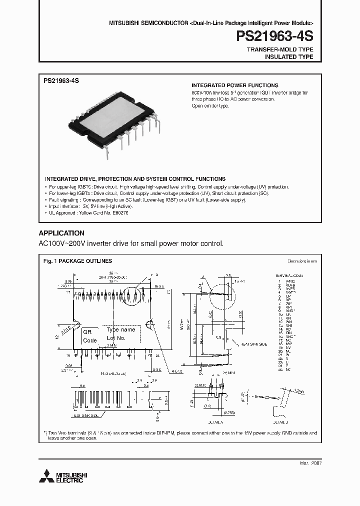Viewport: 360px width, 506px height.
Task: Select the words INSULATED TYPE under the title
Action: click(x=288, y=57)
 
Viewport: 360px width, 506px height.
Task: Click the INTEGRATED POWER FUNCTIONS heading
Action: click(x=235, y=85)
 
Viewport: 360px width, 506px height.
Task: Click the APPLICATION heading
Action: click(x=61, y=233)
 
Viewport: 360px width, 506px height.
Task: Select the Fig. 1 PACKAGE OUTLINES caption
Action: click(x=77, y=261)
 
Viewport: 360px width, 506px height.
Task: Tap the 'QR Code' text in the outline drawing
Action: click(x=89, y=336)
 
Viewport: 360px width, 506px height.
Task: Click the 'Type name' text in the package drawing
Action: click(x=121, y=330)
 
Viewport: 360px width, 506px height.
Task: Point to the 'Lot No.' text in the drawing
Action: click(x=116, y=338)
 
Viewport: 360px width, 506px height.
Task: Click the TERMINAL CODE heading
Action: click(x=290, y=276)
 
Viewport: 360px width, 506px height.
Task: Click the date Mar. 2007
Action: click(x=310, y=463)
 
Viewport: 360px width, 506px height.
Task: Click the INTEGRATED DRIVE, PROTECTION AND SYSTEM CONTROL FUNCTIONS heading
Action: click(x=135, y=178)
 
